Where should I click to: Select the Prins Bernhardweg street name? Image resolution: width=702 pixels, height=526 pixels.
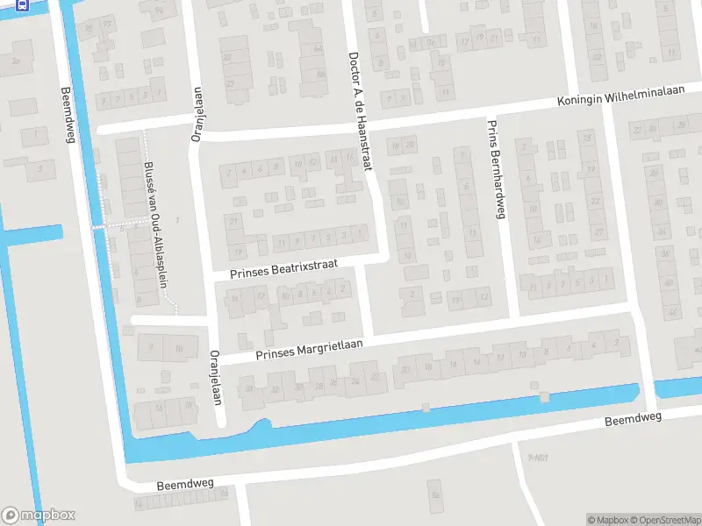496,170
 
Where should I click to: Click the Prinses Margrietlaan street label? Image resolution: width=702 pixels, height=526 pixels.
308,349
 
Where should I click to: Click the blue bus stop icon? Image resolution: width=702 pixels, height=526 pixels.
22,4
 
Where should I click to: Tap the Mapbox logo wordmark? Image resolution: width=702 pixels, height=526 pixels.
39,515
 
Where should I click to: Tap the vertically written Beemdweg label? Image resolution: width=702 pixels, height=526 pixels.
67,114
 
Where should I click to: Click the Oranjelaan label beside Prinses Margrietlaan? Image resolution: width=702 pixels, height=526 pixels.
215,377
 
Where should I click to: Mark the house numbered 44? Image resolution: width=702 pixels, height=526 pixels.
671,311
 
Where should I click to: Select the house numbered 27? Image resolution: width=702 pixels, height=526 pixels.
599,232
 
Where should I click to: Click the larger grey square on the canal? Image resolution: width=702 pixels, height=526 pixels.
545,397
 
